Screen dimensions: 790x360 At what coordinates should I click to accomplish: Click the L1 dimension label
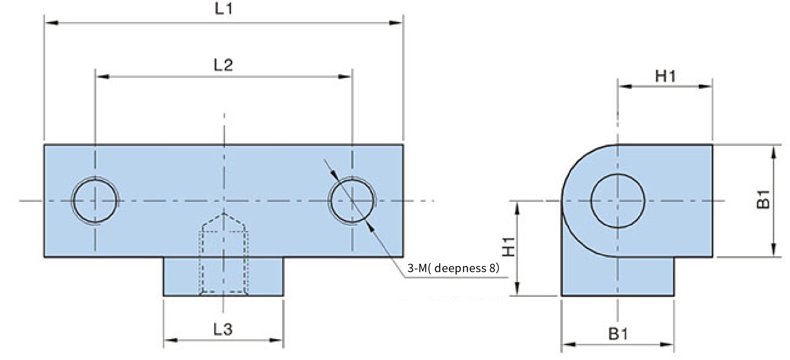223,9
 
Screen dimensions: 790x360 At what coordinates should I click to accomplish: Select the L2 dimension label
223,65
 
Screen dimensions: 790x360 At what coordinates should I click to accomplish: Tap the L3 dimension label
223,329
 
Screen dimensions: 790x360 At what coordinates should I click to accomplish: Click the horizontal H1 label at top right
665,76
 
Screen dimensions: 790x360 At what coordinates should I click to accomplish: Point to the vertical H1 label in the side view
509,247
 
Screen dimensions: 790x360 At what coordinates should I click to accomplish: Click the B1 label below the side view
618,334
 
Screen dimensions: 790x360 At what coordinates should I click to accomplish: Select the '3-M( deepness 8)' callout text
453,268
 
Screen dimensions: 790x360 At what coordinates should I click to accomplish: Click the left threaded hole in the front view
95,200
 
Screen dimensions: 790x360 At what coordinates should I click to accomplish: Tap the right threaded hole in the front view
352,200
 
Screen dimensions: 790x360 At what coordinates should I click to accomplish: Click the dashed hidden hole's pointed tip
224,214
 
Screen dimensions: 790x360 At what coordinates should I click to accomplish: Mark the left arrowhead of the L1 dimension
52,23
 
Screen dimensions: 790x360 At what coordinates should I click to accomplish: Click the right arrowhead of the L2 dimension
344,77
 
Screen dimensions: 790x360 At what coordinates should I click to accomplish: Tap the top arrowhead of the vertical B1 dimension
773,152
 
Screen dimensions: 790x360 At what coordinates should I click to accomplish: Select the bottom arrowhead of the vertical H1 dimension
517,289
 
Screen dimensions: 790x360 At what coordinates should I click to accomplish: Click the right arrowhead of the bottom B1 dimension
666,344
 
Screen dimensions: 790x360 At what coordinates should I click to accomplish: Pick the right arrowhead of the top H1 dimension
705,87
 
